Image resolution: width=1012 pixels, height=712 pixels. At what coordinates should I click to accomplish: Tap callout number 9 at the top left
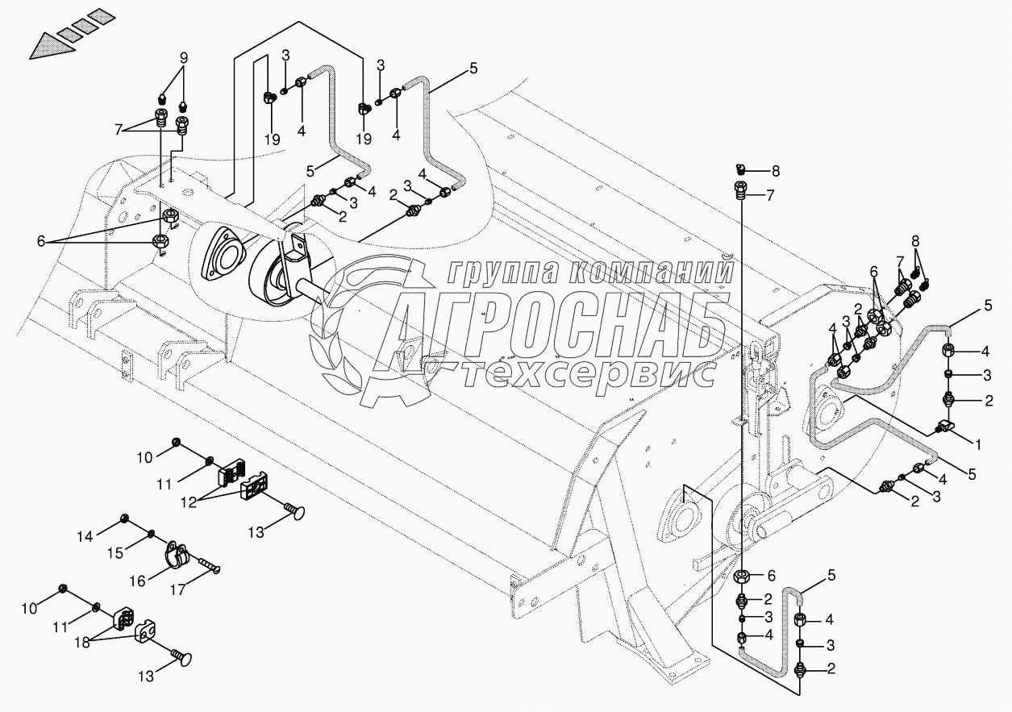(x=183, y=58)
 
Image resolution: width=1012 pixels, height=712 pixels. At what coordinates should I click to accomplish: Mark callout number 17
(x=177, y=589)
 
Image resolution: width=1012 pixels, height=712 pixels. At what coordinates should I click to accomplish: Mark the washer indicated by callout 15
(x=152, y=533)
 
